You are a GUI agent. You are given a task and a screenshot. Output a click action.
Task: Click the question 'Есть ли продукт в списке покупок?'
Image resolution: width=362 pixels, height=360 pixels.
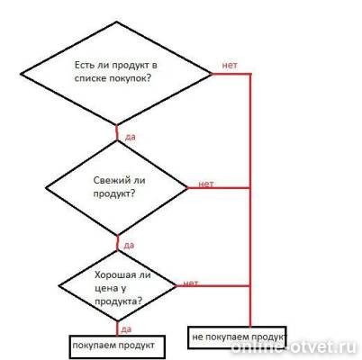point(116,72)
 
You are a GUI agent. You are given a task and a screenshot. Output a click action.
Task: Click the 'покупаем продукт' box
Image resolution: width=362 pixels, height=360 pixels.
point(117,347)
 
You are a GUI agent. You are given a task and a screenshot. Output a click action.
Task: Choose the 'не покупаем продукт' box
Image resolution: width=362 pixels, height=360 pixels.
point(237,337)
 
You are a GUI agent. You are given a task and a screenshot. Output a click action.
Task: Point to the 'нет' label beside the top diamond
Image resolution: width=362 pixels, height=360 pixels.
point(230,65)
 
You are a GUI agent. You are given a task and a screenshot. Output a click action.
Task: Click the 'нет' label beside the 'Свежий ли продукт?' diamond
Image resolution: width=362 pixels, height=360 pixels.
point(206,184)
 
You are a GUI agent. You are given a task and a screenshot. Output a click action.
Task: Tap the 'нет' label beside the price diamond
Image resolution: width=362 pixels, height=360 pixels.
point(190,283)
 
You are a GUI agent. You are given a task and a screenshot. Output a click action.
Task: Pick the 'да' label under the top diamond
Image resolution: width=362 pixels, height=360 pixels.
point(130,137)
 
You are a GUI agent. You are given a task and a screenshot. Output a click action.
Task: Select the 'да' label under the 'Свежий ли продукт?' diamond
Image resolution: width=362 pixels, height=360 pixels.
point(129,246)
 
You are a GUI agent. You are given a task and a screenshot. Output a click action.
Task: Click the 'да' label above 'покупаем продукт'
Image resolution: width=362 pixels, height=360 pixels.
point(126,329)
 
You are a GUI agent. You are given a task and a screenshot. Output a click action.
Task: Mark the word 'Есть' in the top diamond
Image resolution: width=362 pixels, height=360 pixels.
point(84,65)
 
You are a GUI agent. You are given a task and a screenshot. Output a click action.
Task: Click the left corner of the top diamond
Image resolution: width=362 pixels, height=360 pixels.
point(21,74)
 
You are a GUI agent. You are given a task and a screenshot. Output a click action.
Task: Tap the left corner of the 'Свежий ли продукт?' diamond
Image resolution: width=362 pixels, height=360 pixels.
point(46,188)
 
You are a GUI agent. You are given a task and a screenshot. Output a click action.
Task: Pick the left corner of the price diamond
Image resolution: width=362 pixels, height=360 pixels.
point(59,286)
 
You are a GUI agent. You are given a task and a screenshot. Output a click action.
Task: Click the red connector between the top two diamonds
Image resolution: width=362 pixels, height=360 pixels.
point(117,132)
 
